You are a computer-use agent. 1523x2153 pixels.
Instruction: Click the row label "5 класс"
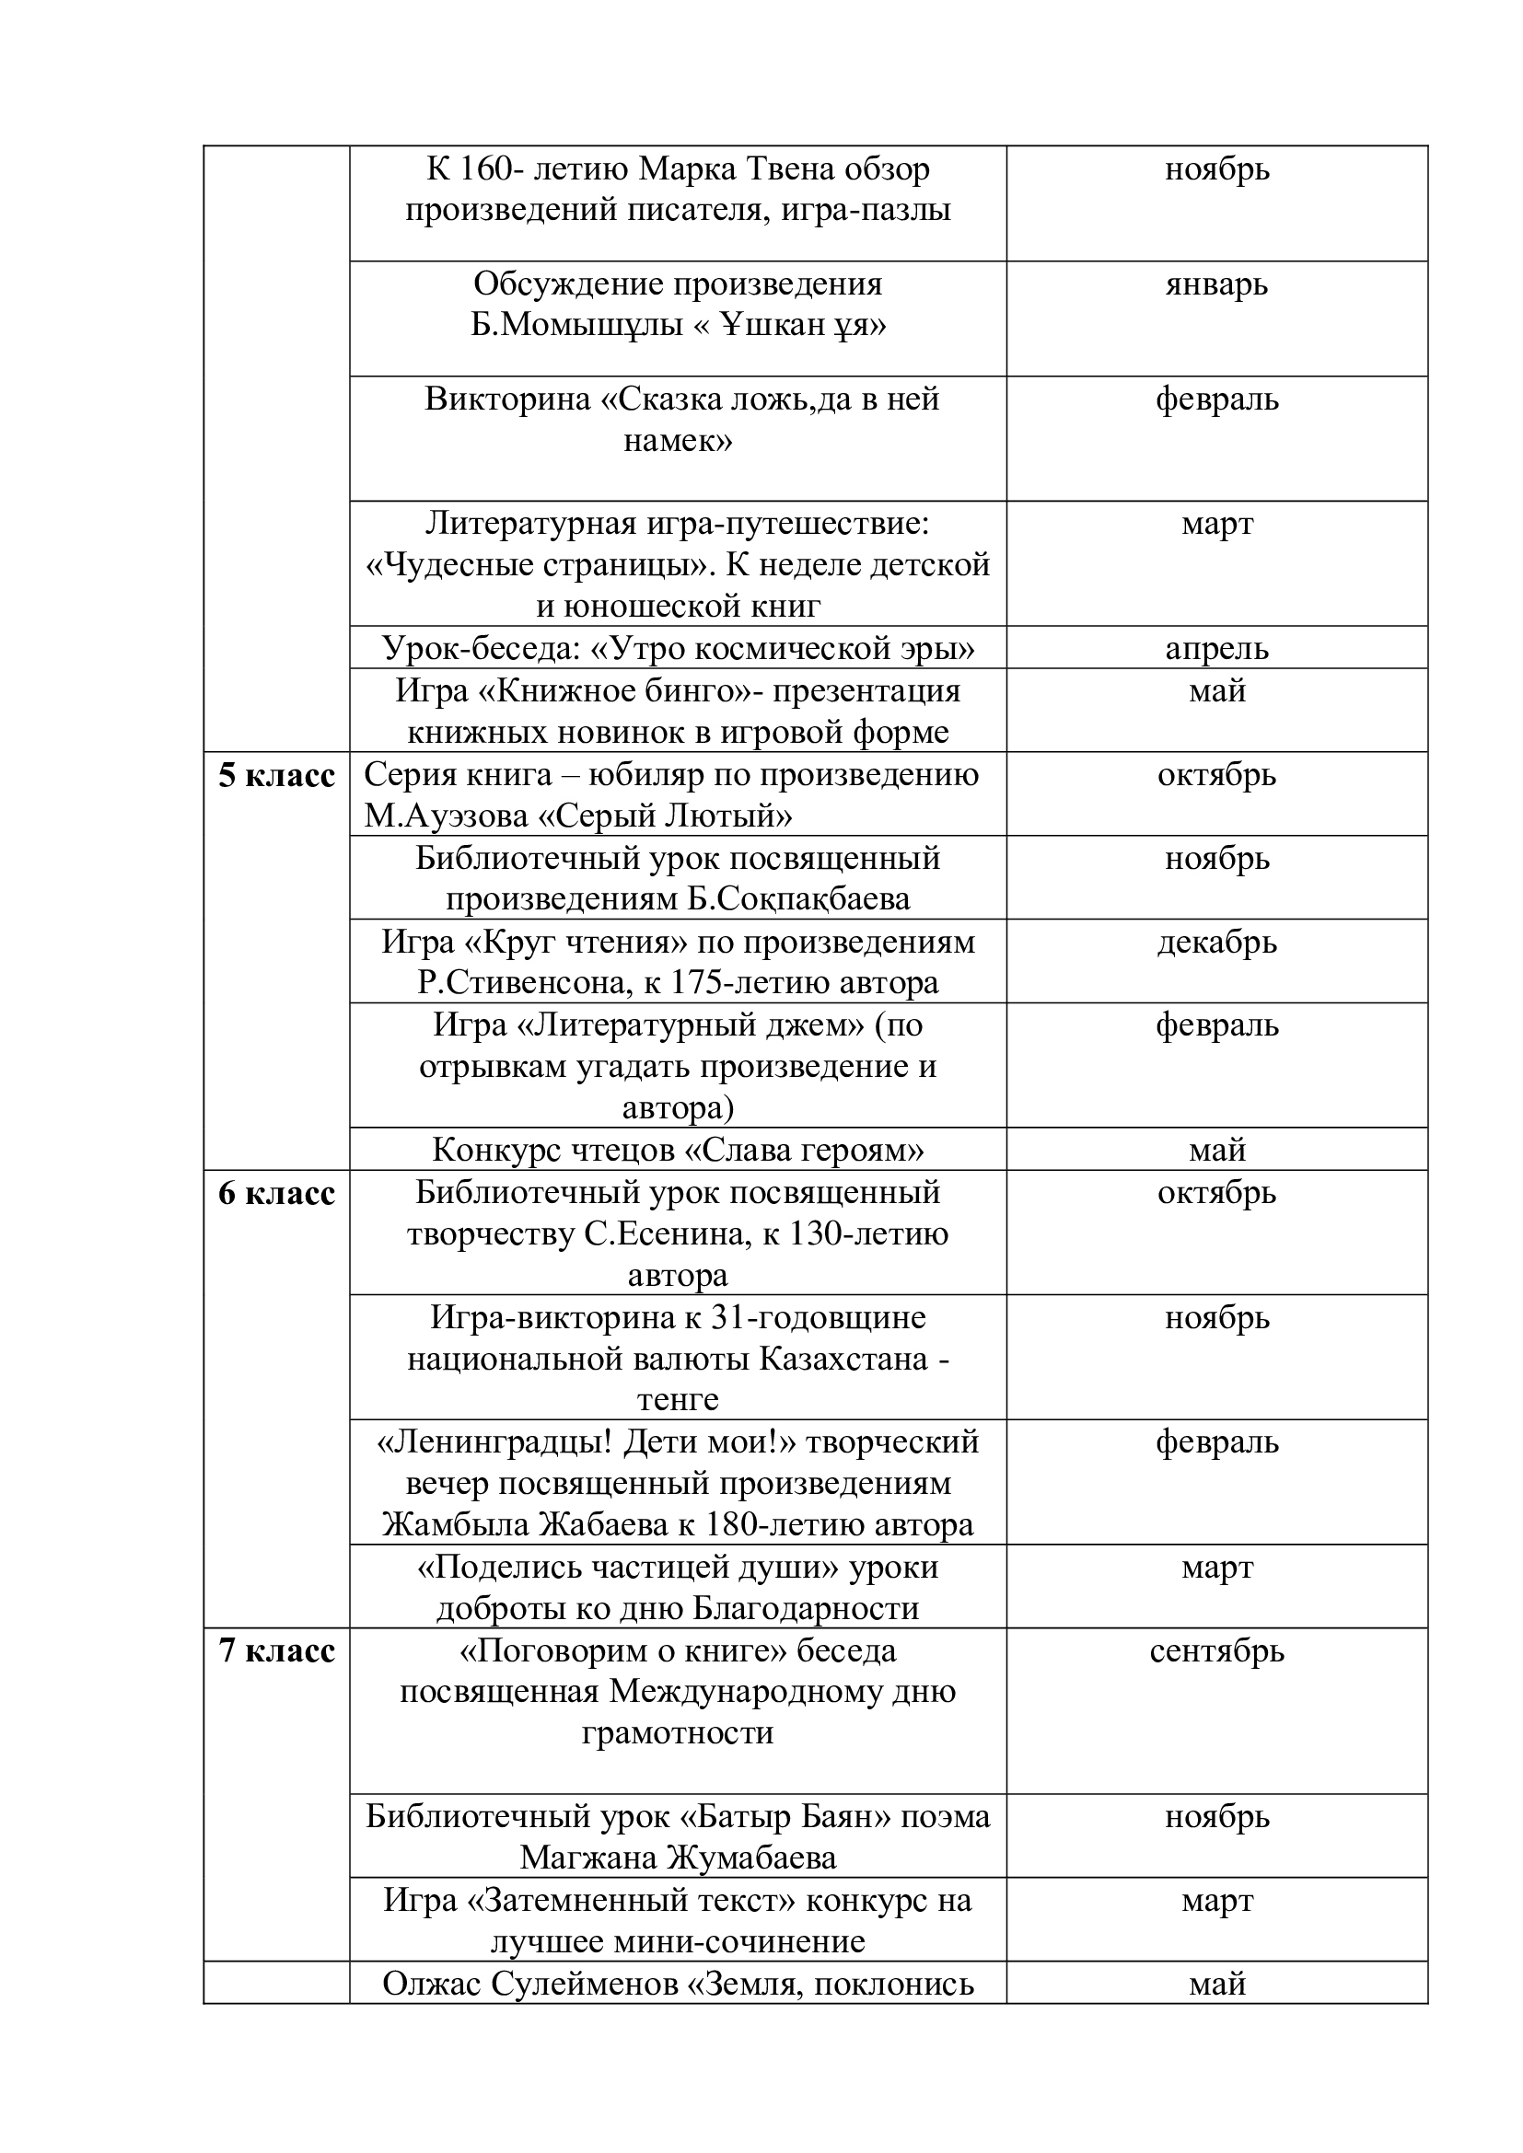tap(276, 777)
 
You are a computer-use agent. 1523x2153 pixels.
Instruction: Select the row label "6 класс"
tap(276, 1194)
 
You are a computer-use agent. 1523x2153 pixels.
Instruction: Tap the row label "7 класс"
tap(276, 1650)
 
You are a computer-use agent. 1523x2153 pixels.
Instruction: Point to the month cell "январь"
tap(1216, 284)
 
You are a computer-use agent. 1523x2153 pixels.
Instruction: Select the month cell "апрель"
tap(1216, 648)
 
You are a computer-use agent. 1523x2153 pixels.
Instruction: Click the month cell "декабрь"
tap(1216, 942)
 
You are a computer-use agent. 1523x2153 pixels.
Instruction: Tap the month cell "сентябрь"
tap(1216, 1650)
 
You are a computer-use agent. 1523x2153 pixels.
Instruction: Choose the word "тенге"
tap(678, 1400)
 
